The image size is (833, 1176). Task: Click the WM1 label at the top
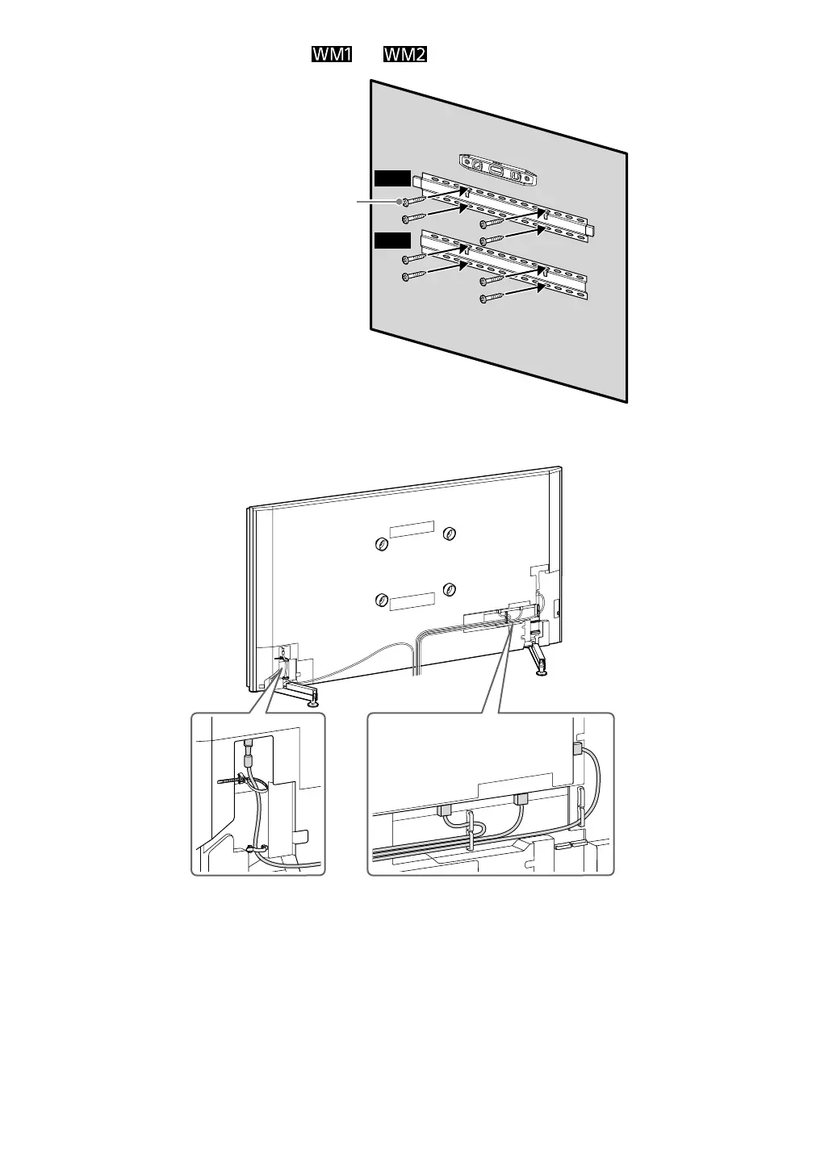tap(332, 55)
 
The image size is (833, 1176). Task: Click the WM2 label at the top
tap(404, 55)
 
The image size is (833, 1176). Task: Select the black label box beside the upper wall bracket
tap(392, 178)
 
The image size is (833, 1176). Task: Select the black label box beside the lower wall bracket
tap(392, 239)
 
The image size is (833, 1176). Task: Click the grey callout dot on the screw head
tap(401, 203)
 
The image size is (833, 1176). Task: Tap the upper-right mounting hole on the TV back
tap(450, 533)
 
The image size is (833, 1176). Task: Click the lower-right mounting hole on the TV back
tap(450, 588)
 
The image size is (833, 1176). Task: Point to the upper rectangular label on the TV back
tap(412, 529)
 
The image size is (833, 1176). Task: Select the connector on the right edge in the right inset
tap(577, 748)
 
